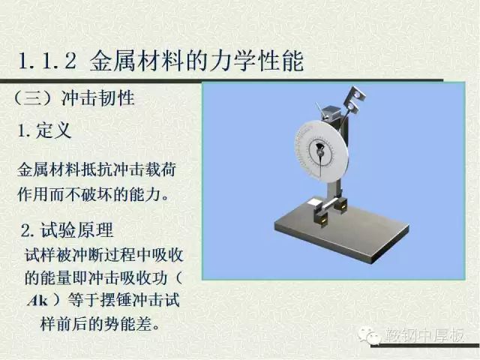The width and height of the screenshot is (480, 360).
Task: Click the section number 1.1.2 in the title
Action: [x=47, y=61]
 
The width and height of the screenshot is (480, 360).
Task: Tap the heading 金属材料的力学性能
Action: [x=196, y=61]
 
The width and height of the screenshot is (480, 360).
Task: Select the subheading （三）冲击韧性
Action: [x=74, y=98]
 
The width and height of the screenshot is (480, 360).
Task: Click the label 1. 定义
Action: [x=45, y=130]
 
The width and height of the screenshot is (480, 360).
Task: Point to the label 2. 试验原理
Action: [x=67, y=230]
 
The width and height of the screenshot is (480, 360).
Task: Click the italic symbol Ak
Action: [x=38, y=301]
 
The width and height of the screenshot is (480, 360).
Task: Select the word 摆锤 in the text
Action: [x=116, y=300]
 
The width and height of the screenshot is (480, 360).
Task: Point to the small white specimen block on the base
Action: [x=314, y=202]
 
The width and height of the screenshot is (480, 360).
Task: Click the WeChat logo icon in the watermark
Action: [x=370, y=335]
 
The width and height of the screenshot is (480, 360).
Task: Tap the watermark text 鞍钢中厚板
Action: [x=424, y=335]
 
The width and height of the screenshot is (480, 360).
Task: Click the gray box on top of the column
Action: [x=330, y=112]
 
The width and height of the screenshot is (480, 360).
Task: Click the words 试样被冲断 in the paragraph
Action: [x=64, y=255]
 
